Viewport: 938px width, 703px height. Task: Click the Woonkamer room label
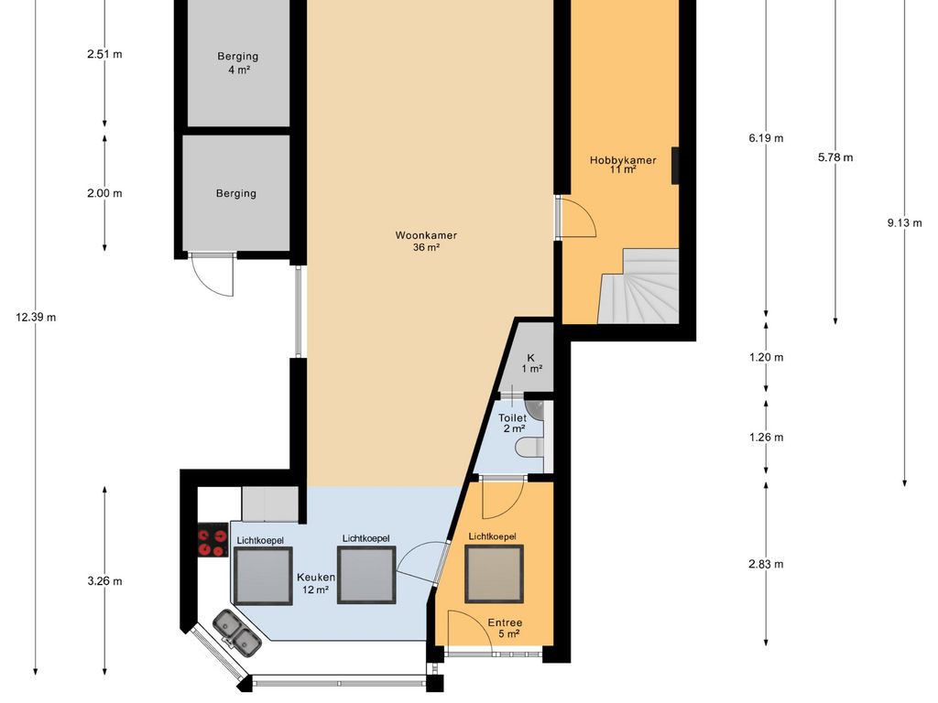pos(426,235)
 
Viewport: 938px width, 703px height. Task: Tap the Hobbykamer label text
pos(623,160)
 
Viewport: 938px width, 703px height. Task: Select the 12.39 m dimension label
pos(36,318)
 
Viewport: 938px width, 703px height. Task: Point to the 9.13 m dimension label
pos(904,223)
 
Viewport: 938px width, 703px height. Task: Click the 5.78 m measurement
pos(835,157)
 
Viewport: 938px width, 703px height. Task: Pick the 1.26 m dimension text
pos(767,438)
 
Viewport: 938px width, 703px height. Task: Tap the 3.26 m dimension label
pos(104,581)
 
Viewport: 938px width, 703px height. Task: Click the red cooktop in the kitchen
pos(213,540)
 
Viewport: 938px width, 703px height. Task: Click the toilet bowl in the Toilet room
pos(530,447)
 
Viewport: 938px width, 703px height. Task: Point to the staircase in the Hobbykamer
pos(638,287)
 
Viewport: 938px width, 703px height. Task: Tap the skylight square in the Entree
pos(494,574)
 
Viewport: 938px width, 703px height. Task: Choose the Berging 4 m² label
pos(238,63)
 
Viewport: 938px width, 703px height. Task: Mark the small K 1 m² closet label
pos(531,363)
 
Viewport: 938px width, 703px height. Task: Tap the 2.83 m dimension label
pos(766,564)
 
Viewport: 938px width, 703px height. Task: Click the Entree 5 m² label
pos(505,628)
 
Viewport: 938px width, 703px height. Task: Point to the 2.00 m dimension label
pos(104,194)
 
